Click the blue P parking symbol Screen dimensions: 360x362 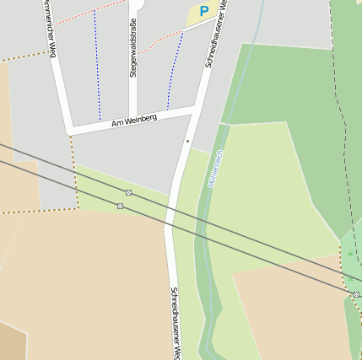(x=203, y=12)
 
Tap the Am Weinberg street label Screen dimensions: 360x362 (x=134, y=121)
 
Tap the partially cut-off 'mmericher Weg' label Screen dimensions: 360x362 (x=50, y=30)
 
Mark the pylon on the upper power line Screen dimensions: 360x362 (x=128, y=192)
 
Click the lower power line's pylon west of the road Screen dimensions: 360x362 (x=121, y=206)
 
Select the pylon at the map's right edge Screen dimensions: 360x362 (x=356, y=294)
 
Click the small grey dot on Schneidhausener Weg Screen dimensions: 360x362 (x=188, y=142)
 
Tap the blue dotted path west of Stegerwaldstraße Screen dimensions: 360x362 (x=97, y=67)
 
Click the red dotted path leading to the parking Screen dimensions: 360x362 (x=159, y=40)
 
